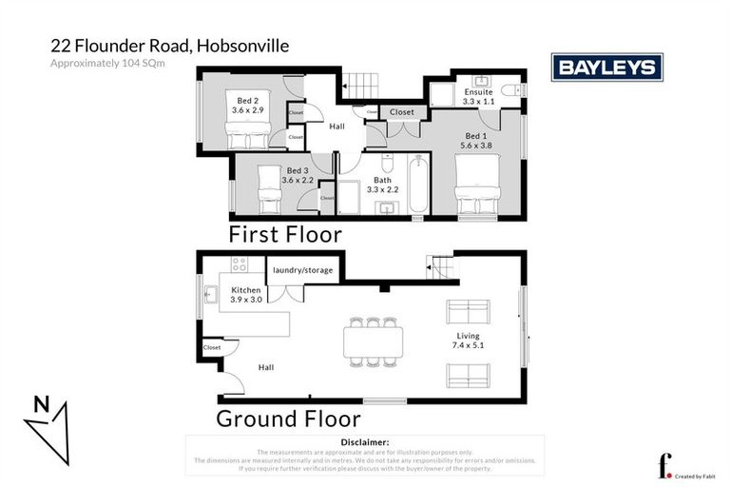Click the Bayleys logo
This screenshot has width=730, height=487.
[x=606, y=67]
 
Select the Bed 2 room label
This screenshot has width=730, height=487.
[x=245, y=99]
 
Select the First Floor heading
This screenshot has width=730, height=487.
[x=284, y=234]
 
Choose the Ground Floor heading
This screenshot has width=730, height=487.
[x=288, y=419]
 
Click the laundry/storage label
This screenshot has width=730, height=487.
[x=303, y=270]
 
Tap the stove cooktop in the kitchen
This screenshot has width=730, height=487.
[x=239, y=264]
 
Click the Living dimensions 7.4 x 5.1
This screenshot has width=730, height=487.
[x=468, y=346]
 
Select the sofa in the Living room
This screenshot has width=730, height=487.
[x=469, y=311]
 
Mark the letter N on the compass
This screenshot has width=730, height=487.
[x=41, y=403]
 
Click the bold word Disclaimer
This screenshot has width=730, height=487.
[x=365, y=442]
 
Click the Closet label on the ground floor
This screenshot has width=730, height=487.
[x=211, y=348]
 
